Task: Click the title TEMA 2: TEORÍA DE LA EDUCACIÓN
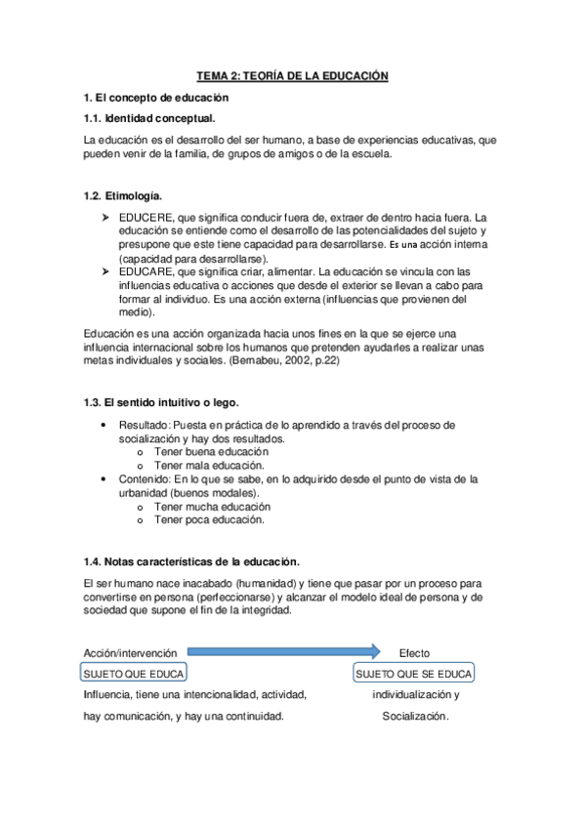(x=293, y=75)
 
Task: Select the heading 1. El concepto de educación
(x=156, y=98)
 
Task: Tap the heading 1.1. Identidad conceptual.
(x=149, y=119)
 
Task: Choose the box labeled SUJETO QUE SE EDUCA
(x=413, y=674)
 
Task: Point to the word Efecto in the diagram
(x=414, y=653)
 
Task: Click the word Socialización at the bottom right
(x=415, y=716)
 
